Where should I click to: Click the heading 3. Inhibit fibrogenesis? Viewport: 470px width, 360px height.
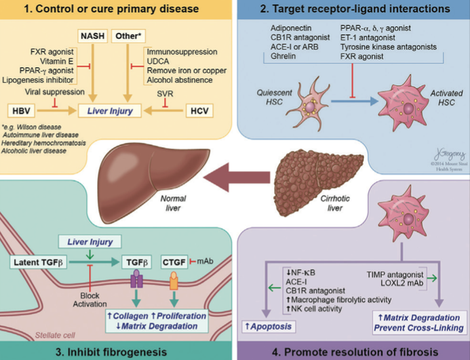tap(117, 349)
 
